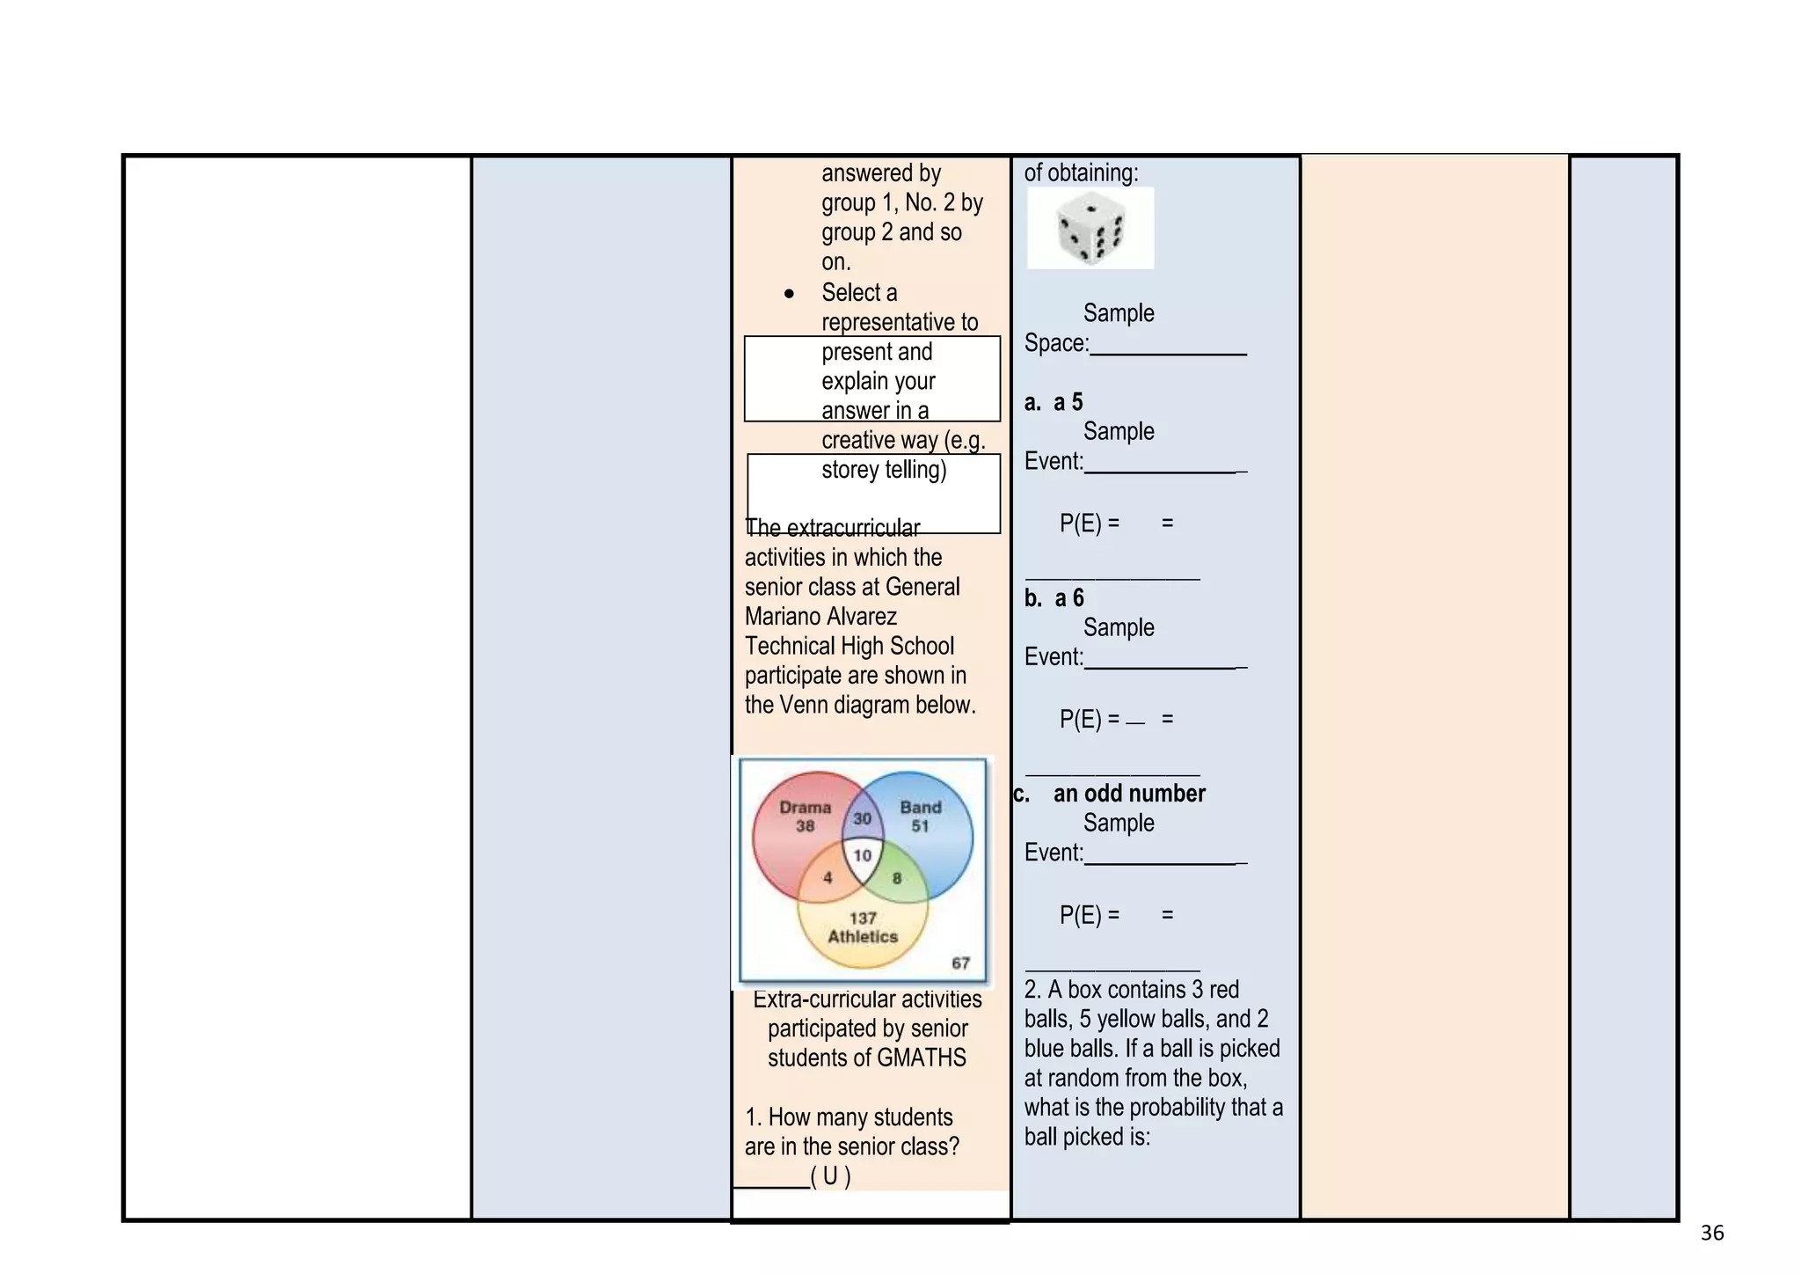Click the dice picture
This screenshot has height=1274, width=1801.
click(1090, 228)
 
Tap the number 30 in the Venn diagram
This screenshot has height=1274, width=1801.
click(863, 818)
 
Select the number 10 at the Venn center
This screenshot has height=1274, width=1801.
click(863, 855)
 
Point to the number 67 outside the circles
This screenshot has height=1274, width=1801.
click(961, 963)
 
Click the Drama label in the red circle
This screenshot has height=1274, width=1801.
click(806, 807)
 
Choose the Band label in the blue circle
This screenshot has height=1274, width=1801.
click(921, 807)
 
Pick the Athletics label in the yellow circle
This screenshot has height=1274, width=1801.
click(863, 937)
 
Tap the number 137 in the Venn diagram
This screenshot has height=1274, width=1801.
click(863, 918)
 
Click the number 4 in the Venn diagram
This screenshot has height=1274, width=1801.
click(828, 877)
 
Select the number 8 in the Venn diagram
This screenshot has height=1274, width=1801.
click(897, 877)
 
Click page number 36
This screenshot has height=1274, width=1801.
click(1712, 1234)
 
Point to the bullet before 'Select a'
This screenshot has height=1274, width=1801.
click(789, 294)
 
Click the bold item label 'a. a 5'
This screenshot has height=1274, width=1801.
click(1054, 402)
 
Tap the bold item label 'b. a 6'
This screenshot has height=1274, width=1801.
click(1054, 598)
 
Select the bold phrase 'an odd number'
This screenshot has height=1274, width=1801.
click(1129, 794)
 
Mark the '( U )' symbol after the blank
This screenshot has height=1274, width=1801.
click(830, 1175)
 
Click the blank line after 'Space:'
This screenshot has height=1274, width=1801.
click(1168, 354)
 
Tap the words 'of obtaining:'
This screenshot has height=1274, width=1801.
click(1081, 173)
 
